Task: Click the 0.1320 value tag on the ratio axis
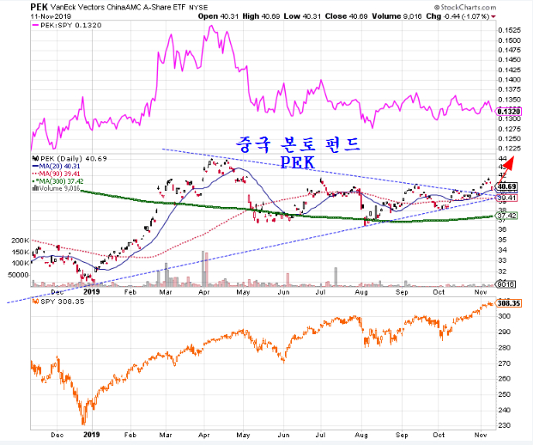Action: coord(512,112)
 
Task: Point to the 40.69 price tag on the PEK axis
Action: coord(509,186)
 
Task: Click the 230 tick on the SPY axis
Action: coord(506,425)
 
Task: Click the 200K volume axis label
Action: coord(18,241)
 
